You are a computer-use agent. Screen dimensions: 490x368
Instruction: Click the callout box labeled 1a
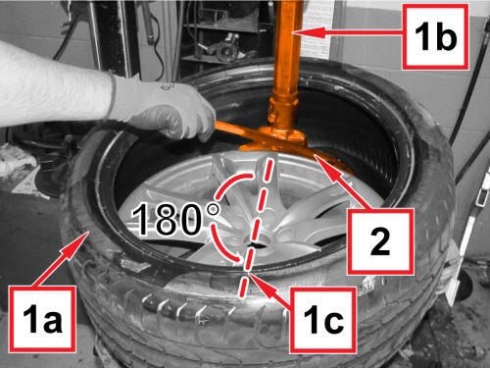tap(42, 319)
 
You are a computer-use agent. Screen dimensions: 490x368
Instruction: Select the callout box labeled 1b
tap(435, 36)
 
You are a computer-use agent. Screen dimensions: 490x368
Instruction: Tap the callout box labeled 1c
tap(323, 320)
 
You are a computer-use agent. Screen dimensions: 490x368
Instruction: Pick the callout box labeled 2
tap(380, 241)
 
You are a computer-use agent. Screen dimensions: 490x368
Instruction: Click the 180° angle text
tap(175, 219)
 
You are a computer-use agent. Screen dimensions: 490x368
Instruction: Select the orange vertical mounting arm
tap(287, 62)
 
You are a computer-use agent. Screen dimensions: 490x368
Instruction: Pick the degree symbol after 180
tap(214, 208)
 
